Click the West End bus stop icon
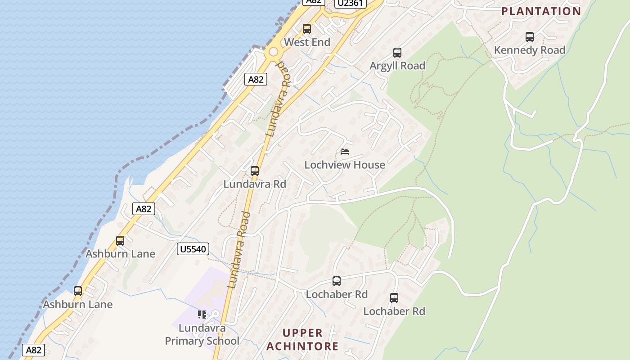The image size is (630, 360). [x=307, y=29]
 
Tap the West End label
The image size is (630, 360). [x=307, y=42]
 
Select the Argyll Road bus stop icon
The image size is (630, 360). [x=397, y=53]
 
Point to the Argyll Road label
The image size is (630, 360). [x=397, y=66]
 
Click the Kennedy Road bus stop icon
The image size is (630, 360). [x=530, y=37]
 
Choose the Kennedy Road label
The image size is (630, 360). [x=530, y=50]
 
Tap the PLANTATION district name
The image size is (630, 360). [x=541, y=11]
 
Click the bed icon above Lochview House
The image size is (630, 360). [x=345, y=152]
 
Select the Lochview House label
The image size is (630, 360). [x=345, y=165]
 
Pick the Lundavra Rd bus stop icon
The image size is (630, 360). [x=255, y=171]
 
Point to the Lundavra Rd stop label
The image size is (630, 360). [x=255, y=184]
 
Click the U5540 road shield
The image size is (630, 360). [x=193, y=249]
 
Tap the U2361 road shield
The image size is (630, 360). [x=351, y=3]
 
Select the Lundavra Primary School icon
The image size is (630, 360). [x=202, y=314]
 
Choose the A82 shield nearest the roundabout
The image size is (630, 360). [x=256, y=79]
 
